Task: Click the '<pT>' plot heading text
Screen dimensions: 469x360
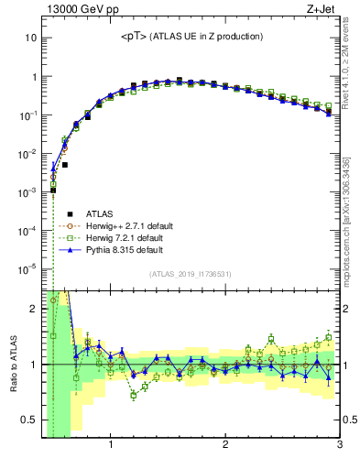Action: point(191,37)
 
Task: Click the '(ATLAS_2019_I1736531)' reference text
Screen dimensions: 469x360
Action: point(191,274)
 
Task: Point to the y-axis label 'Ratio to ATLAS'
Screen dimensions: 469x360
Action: point(13,364)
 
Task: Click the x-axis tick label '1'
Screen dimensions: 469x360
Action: point(111,446)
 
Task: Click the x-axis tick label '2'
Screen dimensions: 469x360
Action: point(225,446)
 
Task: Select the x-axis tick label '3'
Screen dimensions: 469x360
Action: point(338,446)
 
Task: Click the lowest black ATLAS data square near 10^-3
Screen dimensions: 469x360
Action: point(54,191)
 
